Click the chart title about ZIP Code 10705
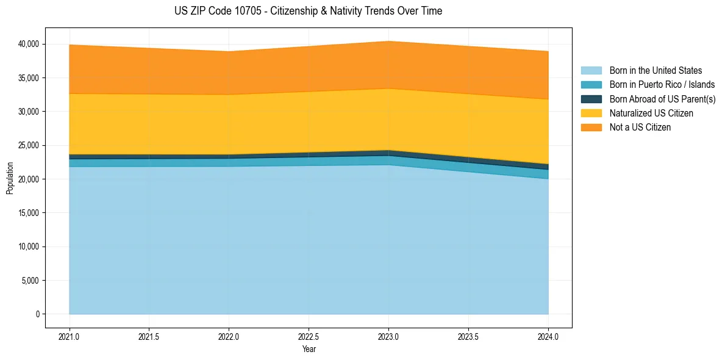click(x=308, y=11)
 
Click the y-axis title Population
click(x=10, y=178)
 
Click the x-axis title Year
click(x=309, y=349)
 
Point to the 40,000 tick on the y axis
click(x=29, y=44)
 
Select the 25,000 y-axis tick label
click(x=29, y=145)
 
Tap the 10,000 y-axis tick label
click(x=29, y=247)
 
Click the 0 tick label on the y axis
click(x=37, y=314)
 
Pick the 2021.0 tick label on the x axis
click(x=69, y=336)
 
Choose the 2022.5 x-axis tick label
click(x=309, y=336)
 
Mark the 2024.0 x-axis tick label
click(x=548, y=336)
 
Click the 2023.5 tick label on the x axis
click(x=468, y=336)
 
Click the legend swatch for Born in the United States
click(x=591, y=71)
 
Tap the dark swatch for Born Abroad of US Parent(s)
click(x=591, y=99)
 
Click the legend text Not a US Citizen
click(x=640, y=128)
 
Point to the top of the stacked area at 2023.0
click(x=388, y=41)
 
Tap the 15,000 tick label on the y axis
click(x=29, y=213)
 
